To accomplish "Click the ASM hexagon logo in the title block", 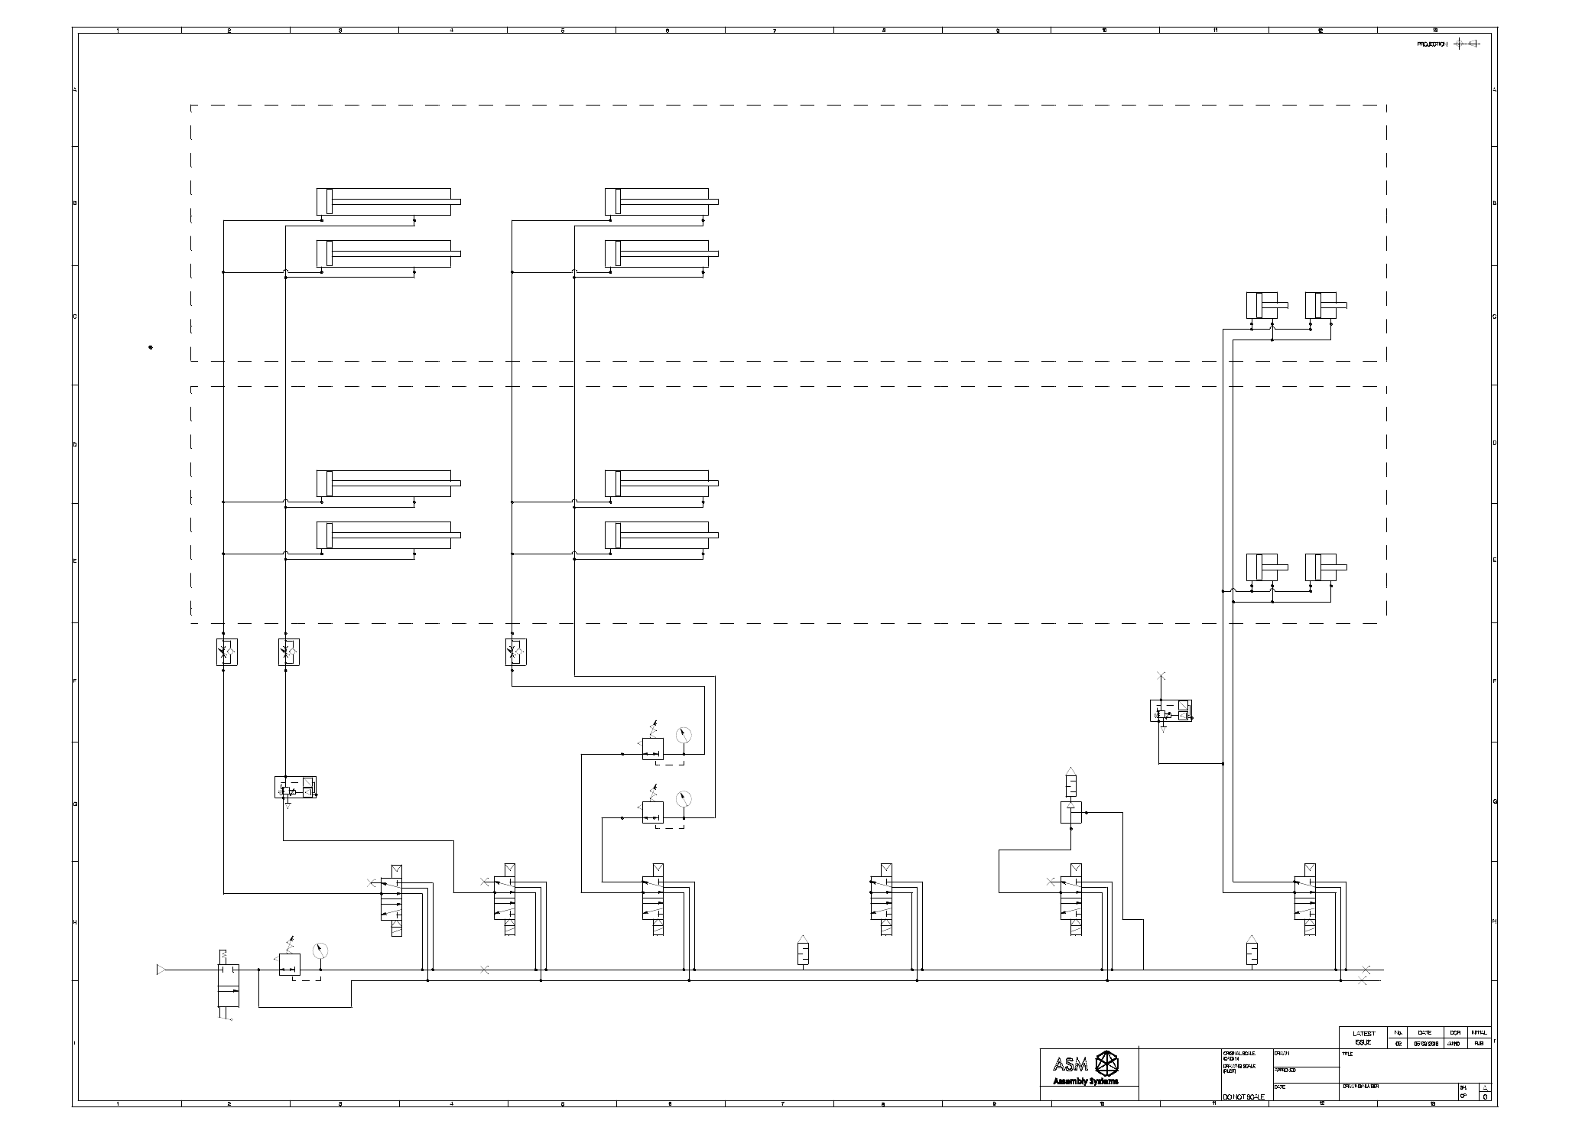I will pos(1107,1064).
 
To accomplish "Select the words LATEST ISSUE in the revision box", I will pos(1364,1038).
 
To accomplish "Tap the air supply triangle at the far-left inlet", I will pos(161,970).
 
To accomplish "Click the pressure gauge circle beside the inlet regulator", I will pos(320,950).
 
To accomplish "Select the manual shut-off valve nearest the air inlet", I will pos(228,986).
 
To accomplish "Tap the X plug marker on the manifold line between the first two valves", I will pos(484,970).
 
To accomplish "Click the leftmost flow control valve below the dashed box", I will pos(227,651).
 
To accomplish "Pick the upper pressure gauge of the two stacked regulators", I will pos(684,735).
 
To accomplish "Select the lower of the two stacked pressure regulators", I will pos(652,812).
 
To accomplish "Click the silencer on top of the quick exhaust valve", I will pos(1070,784).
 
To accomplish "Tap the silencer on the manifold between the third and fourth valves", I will pos(803,953).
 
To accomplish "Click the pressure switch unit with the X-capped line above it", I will pos(1171,710).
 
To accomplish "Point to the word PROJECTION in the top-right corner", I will pos(1431,44).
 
